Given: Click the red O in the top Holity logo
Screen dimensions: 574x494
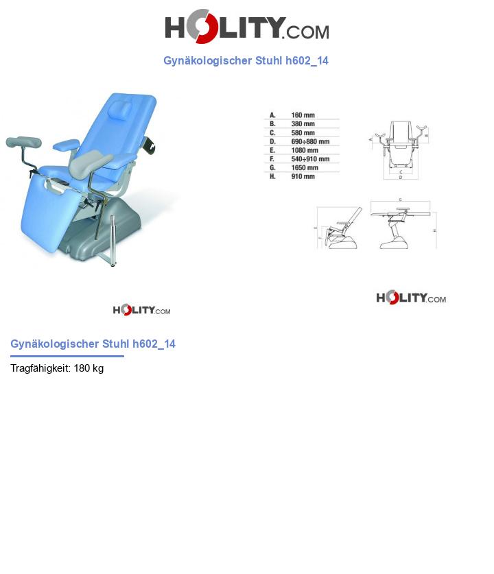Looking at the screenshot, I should coord(200,27).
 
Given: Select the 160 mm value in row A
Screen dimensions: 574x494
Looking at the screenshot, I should coord(303,115).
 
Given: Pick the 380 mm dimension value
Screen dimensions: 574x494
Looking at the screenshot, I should coord(303,124).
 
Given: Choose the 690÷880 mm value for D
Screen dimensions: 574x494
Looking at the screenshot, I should coord(310,142).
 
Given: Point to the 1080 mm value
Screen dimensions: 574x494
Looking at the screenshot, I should coord(305,150).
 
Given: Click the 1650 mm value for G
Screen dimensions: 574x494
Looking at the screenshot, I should coord(305,167).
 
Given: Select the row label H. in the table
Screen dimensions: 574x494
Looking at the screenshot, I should coord(272,176).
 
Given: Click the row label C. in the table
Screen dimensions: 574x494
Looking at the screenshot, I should coord(272,133).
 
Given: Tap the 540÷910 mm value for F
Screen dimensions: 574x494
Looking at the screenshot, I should coord(310,159).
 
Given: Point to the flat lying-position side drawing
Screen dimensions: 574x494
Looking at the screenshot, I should coord(401,224).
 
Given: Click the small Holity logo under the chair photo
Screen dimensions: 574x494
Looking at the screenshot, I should coord(141,310).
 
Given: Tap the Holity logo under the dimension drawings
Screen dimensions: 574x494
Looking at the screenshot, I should coord(410,298).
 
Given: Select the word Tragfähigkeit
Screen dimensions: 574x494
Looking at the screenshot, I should coord(40,368).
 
